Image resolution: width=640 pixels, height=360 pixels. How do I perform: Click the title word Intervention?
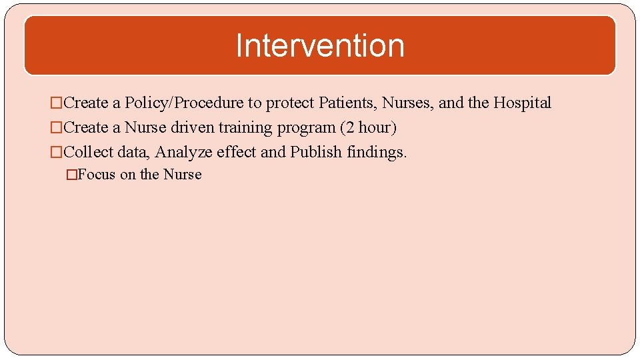click(320, 46)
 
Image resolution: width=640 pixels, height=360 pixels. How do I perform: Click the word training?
click(243, 128)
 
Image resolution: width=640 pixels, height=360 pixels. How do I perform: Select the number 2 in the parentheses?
click(347, 127)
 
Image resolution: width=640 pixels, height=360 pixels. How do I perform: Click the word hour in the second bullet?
click(375, 127)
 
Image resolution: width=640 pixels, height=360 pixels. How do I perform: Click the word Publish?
click(316, 152)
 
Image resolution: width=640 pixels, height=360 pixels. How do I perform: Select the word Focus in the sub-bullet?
click(97, 175)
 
